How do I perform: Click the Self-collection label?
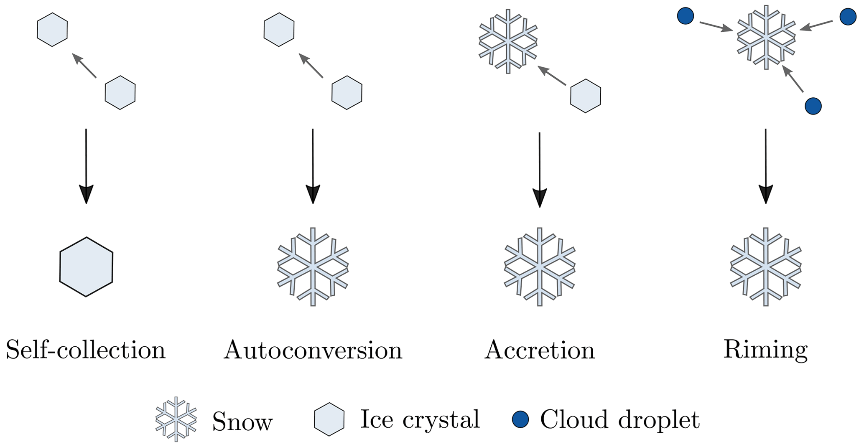[x=86, y=350]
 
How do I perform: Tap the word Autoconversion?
[x=313, y=350]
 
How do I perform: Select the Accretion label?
[x=540, y=350]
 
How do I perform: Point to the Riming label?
[x=765, y=350]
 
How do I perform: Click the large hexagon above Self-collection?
[x=86, y=267]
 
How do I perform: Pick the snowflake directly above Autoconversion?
[x=313, y=267]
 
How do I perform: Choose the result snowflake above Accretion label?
[x=540, y=267]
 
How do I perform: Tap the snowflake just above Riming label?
[x=766, y=267]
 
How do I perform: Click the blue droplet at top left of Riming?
[x=685, y=16]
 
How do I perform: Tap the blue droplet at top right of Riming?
[x=848, y=17]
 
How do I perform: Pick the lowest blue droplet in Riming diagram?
[x=813, y=106]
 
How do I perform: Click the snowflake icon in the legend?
[x=176, y=419]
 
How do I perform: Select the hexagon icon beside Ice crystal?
[x=329, y=419]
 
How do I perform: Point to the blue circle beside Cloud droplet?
[x=520, y=419]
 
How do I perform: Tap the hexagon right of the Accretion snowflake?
[x=586, y=96]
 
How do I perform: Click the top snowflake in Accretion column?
[x=508, y=41]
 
